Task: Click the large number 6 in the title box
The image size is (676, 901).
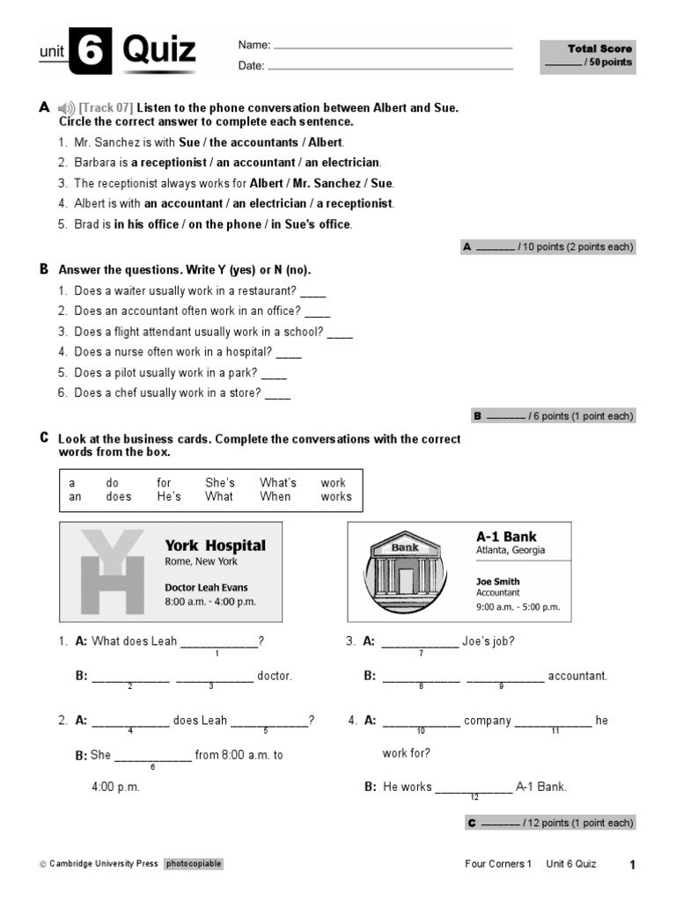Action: [x=91, y=53]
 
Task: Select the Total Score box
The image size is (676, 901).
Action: [x=588, y=55]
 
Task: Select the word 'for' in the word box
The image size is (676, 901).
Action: [x=164, y=483]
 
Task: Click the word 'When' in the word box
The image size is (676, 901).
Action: [x=275, y=497]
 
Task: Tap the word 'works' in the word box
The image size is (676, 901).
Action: [x=335, y=497]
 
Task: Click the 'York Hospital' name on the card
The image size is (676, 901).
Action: [x=215, y=546]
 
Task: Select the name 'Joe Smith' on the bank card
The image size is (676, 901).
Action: [x=497, y=582]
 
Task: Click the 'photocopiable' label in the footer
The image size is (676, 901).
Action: [x=193, y=864]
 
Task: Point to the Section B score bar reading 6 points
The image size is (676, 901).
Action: [x=553, y=416]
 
